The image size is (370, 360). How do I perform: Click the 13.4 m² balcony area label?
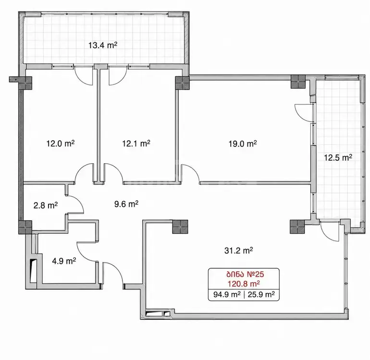(x=103, y=45)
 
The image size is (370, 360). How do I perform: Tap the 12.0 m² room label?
(x=61, y=144)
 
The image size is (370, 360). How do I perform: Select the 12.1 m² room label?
(x=136, y=144)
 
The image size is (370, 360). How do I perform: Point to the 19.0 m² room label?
(x=243, y=144)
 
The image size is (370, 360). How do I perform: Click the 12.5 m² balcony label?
(x=338, y=157)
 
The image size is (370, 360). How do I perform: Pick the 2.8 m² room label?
(x=46, y=205)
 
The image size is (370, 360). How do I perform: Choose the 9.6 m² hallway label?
(x=126, y=204)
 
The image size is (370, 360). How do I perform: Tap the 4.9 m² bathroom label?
(x=64, y=261)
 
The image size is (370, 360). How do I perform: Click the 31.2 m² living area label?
(x=238, y=251)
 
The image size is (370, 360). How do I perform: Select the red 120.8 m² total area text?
(x=244, y=284)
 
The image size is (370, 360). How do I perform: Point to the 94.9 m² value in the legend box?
(x=227, y=294)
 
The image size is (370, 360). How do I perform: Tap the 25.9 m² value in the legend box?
(x=261, y=294)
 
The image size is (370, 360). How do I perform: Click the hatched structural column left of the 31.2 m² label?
(x=180, y=227)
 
